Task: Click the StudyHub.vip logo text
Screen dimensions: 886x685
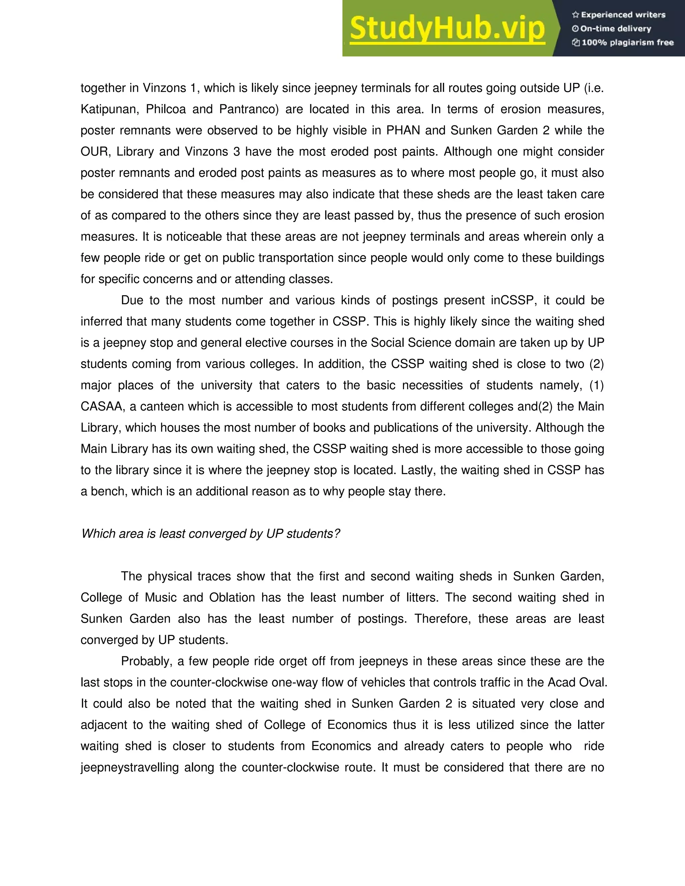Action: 447,28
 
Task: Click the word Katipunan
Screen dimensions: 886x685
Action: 108,109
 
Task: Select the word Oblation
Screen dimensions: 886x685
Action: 232,597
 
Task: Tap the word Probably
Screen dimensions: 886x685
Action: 146,661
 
